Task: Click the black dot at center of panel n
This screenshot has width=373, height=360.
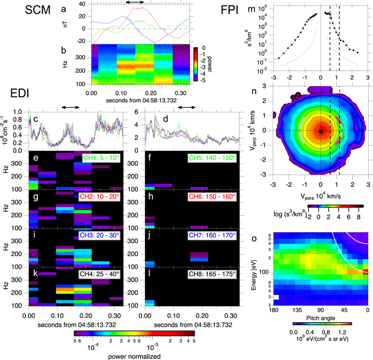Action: [321, 130]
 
